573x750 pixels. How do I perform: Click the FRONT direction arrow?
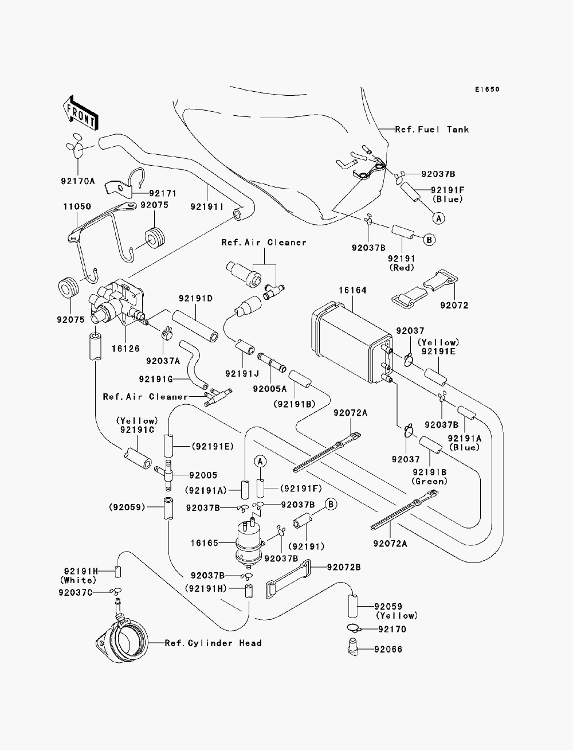[81, 112]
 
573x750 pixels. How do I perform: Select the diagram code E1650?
[487, 89]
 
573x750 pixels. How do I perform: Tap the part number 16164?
[352, 290]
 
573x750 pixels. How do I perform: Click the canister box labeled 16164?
[352, 341]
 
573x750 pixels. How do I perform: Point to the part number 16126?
[125, 349]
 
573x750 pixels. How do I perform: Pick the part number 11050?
[77, 206]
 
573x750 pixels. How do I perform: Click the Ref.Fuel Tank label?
[432, 130]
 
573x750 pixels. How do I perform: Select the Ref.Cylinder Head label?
[213, 643]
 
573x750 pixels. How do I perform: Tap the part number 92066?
[388, 649]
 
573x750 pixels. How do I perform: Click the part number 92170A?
[78, 181]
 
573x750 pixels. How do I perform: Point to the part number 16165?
[204, 543]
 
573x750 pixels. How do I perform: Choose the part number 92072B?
[344, 567]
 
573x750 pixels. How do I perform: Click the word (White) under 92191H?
[78, 580]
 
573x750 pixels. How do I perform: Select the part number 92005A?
[270, 389]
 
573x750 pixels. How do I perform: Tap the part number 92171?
[163, 194]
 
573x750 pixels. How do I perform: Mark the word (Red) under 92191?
[402, 268]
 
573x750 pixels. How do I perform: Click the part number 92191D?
[195, 298]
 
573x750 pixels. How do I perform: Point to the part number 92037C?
[76, 592]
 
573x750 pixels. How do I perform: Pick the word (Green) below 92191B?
[430, 481]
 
